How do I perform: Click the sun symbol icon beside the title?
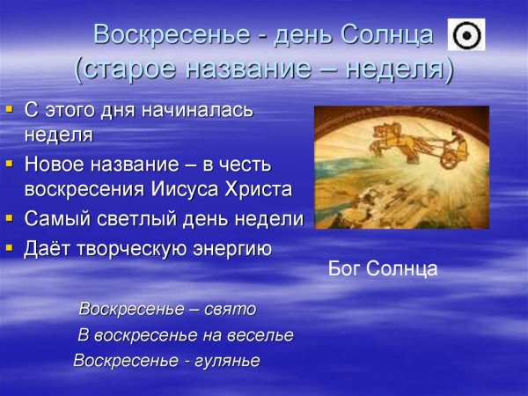pyautogui.click(x=466, y=34)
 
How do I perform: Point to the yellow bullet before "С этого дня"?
pyautogui.click(x=11, y=111)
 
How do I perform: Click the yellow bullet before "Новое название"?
pyautogui.click(x=11, y=164)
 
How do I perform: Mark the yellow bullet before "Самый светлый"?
pyautogui.click(x=11, y=216)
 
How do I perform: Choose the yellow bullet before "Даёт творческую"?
pyautogui.click(x=11, y=246)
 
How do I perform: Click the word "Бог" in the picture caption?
pyautogui.click(x=345, y=268)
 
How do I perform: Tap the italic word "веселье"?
pyautogui.click(x=260, y=335)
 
